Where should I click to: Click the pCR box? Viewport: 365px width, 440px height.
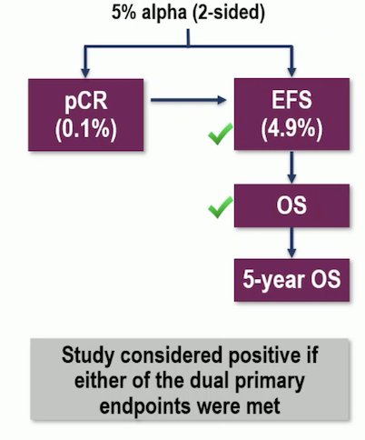pos(86,115)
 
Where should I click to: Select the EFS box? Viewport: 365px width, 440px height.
pos(291,115)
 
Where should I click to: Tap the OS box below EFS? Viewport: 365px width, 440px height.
pos(291,205)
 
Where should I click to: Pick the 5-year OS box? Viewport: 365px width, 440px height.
pos(291,280)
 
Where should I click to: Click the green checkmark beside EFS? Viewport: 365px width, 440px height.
pos(221,134)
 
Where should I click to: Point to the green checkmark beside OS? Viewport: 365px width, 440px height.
pos(221,207)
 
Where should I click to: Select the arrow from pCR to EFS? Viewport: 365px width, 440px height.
pos(188,100)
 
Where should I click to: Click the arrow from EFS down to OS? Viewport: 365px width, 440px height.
pos(291,167)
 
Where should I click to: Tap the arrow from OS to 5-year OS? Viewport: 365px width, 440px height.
pos(291,243)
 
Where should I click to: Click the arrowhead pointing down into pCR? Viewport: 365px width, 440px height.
pos(85,73)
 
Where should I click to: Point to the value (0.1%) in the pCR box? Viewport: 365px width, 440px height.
pos(86,129)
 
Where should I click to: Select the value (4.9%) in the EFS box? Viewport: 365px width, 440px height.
pos(291,129)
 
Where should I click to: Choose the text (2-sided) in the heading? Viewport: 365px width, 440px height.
pos(229,14)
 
